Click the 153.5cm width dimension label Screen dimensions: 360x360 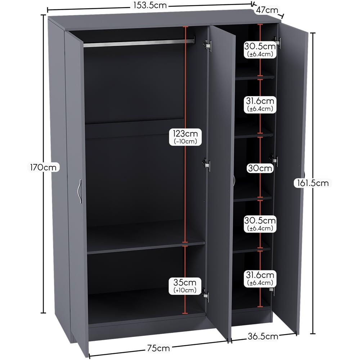point(150,5)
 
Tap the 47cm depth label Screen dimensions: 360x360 point(267,10)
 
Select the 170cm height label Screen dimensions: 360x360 point(43,167)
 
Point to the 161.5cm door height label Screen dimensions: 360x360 point(313,183)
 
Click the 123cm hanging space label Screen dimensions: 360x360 point(185,134)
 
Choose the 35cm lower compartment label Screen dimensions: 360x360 point(185,282)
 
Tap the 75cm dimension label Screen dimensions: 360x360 point(158,348)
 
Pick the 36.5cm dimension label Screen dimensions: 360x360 point(263,336)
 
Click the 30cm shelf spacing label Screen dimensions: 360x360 point(260,168)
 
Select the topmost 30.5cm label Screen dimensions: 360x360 point(260,46)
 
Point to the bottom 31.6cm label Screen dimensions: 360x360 point(260,275)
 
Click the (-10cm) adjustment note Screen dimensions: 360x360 point(185,141)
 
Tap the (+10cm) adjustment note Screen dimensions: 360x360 point(185,290)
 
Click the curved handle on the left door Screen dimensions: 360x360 point(80,191)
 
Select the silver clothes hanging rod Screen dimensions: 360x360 point(139,43)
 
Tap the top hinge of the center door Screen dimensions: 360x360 point(208,45)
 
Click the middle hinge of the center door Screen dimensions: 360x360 point(206,165)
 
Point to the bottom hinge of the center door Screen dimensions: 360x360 point(206,295)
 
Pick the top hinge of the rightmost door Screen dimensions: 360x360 point(277,42)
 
